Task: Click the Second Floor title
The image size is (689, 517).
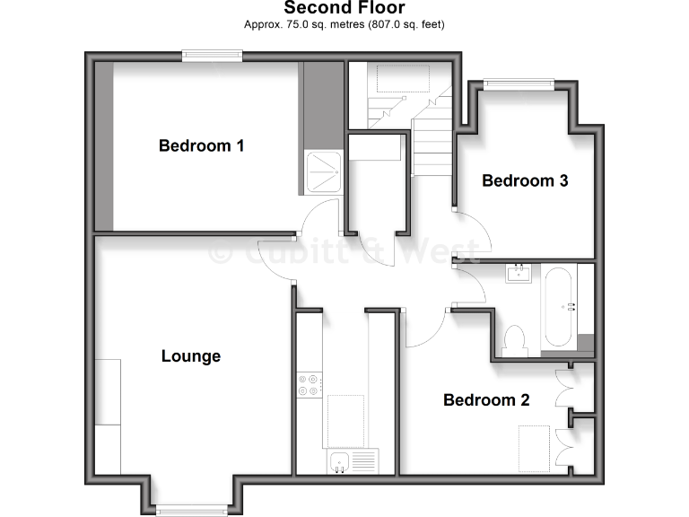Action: pyautogui.click(x=344, y=8)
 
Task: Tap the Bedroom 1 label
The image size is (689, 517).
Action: pyautogui.click(x=201, y=145)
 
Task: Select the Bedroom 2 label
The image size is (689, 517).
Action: pyautogui.click(x=486, y=400)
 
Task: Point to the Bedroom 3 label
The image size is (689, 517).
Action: pyautogui.click(x=525, y=180)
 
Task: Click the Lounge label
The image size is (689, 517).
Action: pyautogui.click(x=191, y=356)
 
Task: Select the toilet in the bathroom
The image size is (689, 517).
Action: pyautogui.click(x=515, y=340)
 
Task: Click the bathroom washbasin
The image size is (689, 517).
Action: pyautogui.click(x=519, y=272)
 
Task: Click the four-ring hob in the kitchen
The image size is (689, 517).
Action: pyautogui.click(x=310, y=384)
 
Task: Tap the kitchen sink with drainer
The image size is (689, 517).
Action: pyautogui.click(x=353, y=462)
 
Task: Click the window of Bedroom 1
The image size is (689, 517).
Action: pyautogui.click(x=213, y=56)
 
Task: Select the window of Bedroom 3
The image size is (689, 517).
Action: pyautogui.click(x=519, y=84)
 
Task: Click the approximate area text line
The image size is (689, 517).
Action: pyautogui.click(x=344, y=24)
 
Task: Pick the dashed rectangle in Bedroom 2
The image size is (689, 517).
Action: pyautogui.click(x=536, y=448)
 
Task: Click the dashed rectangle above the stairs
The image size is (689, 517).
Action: pyautogui.click(x=403, y=78)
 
